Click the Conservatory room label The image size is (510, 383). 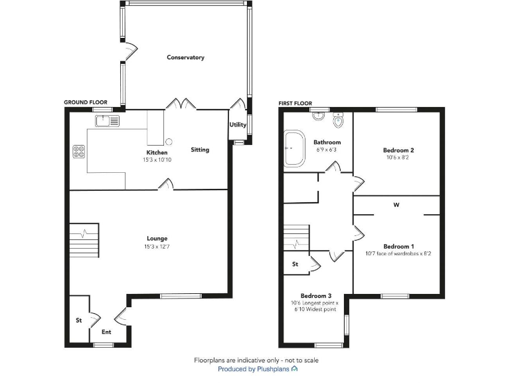(x=185, y=58)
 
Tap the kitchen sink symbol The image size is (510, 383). (x=106, y=120)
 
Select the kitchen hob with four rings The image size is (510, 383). (x=78, y=152)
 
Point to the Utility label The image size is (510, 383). (x=238, y=125)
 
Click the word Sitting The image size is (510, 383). (x=200, y=150)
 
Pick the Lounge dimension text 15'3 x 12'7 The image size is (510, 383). (x=157, y=247)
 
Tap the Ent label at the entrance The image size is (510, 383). (x=106, y=332)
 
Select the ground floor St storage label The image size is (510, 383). (x=78, y=320)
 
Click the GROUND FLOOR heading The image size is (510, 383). (x=86, y=102)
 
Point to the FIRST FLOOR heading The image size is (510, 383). (x=296, y=102)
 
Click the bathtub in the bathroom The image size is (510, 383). (x=293, y=148)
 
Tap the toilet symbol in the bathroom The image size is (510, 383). (x=338, y=121)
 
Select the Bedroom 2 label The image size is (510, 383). (x=398, y=150)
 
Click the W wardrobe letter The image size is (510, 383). (x=396, y=205)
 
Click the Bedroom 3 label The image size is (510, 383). (x=315, y=296)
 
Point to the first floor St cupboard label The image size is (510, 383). (x=295, y=264)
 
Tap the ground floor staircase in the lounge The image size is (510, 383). (x=84, y=240)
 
